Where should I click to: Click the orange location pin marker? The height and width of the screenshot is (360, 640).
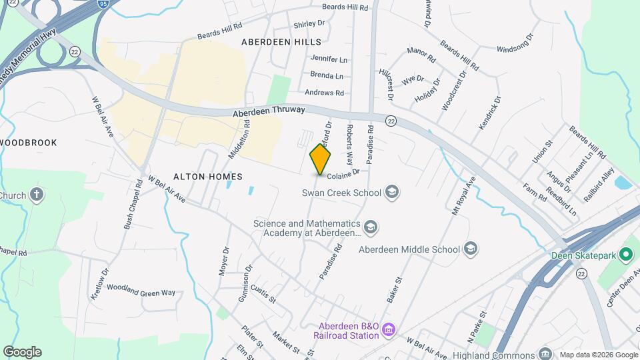click(x=321, y=159)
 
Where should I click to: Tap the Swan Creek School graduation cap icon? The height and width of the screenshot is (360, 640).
click(x=392, y=193)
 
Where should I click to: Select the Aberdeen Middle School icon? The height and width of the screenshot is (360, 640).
click(x=471, y=249)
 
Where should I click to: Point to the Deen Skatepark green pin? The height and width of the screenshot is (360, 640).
click(x=625, y=254)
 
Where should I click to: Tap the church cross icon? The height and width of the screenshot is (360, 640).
click(x=37, y=195)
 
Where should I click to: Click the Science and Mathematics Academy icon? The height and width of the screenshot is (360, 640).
click(x=371, y=228)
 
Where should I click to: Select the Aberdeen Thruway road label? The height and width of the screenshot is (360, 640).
click(x=269, y=111)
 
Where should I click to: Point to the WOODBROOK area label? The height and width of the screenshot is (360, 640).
click(x=29, y=143)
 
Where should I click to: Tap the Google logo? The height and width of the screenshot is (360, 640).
click(x=22, y=351)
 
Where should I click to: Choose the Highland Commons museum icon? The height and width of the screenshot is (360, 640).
click(x=545, y=353)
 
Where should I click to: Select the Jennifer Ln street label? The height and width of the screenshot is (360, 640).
click(x=329, y=59)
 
